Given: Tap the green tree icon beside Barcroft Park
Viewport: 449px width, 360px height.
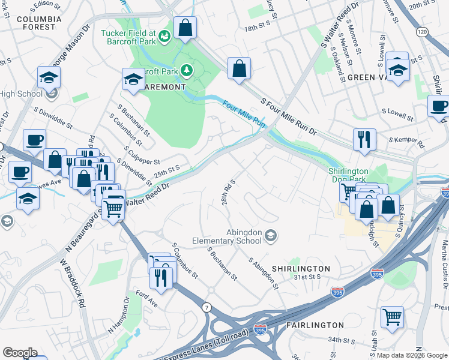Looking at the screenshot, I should click(187, 71).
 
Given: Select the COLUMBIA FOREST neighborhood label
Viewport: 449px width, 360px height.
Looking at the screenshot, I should click(39, 23).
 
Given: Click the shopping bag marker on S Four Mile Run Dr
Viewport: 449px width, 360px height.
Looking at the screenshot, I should click(239, 69).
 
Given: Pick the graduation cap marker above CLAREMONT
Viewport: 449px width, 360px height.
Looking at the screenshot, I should click(133, 79).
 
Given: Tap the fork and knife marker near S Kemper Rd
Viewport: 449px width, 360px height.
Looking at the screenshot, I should click(364, 140).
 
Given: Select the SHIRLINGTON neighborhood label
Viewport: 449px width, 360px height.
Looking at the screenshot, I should click(301, 268).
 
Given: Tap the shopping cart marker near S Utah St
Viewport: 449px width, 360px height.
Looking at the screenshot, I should click(392, 317).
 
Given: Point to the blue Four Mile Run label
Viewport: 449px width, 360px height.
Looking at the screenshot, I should click(244, 112).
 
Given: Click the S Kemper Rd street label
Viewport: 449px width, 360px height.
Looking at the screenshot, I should click(406, 142).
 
